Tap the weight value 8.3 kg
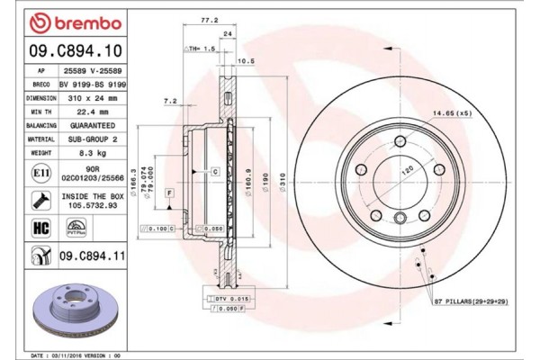tap(85, 155)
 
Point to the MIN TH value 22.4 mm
tap(85, 112)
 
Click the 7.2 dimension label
tap(169, 103)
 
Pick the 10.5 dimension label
tap(241, 61)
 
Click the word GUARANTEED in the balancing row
tap(91, 127)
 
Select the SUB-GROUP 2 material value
tap(90, 140)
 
